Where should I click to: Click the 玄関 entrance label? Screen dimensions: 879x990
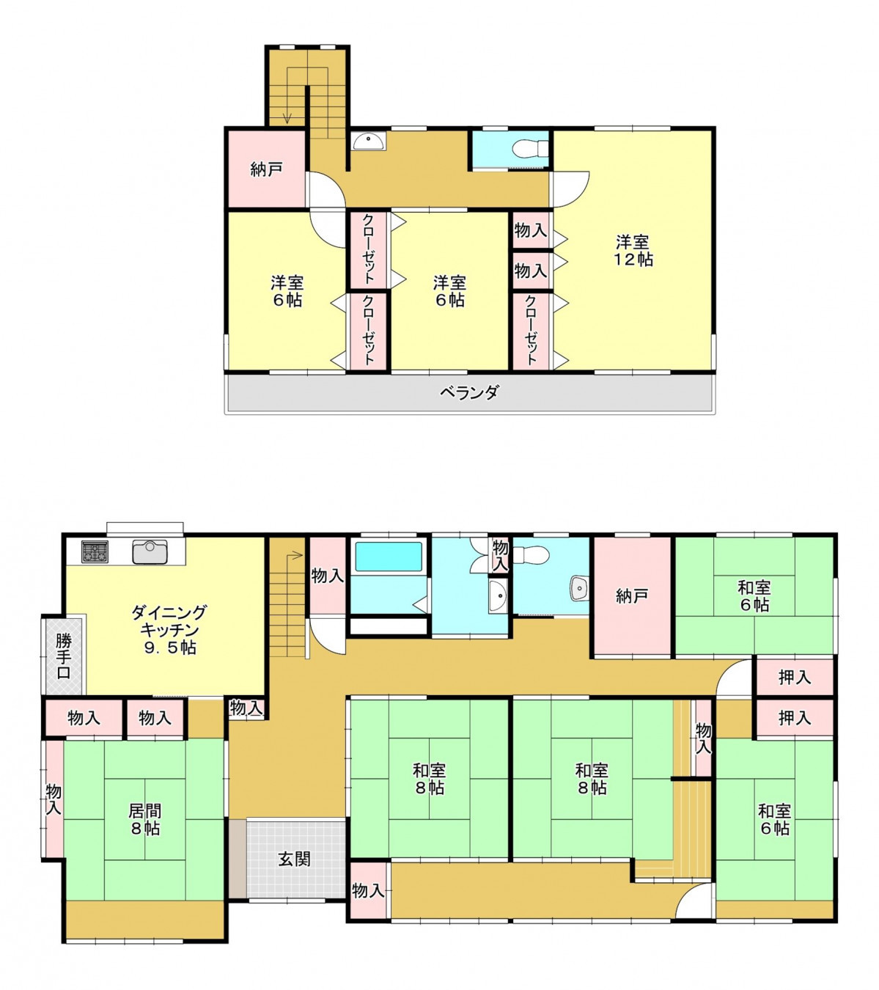[295, 859]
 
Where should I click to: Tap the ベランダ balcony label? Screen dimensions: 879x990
[470, 392]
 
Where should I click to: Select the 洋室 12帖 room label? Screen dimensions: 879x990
[633, 251]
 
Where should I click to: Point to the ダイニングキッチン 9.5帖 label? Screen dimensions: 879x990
[169, 630]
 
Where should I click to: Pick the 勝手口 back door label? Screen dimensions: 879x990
[64, 656]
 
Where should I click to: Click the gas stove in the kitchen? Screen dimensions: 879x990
[95, 552]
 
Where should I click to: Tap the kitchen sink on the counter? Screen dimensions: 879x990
[150, 552]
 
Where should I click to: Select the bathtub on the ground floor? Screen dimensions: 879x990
[389, 557]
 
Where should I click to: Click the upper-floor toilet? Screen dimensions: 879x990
[530, 148]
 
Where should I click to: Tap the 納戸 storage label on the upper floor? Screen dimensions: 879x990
[267, 169]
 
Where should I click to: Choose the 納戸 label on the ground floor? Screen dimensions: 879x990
[632, 595]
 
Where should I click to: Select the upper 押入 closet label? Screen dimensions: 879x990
[795, 678]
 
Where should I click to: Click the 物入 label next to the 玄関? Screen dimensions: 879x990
[369, 890]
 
